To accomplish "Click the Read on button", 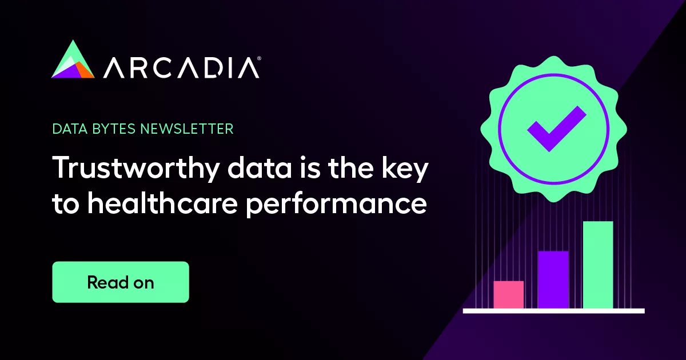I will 120,282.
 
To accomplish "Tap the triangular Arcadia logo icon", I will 73,60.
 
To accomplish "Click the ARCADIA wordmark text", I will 181,68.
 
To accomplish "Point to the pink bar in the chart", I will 508,294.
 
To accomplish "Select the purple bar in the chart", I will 553,279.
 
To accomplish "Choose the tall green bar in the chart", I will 597,265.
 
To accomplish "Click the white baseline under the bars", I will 553,311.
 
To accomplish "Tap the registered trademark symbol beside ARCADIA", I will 260,58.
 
